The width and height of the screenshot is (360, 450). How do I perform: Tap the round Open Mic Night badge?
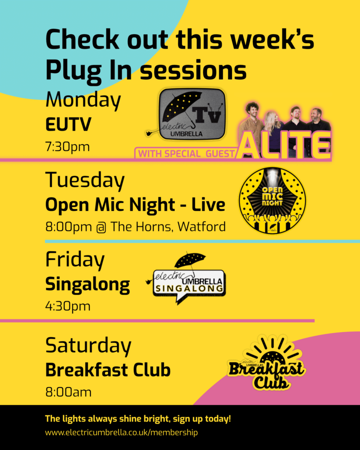pos(272,200)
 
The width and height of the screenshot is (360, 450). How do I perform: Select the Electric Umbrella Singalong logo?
pos(189,279)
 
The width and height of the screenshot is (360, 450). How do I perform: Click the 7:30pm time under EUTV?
pos(67,146)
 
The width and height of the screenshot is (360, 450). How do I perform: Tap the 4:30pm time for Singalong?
pos(68,306)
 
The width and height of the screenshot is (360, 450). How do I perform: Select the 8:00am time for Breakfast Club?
pos(68,392)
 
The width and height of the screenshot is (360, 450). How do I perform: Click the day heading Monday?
pos(83,101)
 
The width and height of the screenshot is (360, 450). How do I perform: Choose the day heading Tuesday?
pos(85,180)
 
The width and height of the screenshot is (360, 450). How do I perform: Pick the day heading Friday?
pos(75,260)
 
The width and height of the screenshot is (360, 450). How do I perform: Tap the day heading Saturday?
pos(88,346)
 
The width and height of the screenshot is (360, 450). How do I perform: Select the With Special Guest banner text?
pos(186,154)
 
